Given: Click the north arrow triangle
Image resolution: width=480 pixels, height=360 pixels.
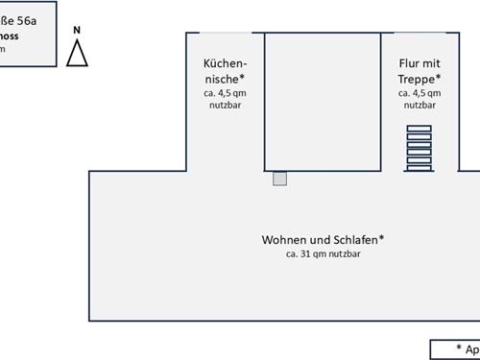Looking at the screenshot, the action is [x=78, y=55].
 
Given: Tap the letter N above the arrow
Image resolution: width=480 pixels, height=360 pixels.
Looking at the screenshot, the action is [x=77, y=30].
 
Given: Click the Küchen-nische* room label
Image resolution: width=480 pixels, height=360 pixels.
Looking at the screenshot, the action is [x=224, y=70].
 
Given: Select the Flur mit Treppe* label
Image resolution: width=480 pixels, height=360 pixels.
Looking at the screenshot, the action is [x=420, y=70].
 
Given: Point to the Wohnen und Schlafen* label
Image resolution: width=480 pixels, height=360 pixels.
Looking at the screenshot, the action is [x=323, y=239].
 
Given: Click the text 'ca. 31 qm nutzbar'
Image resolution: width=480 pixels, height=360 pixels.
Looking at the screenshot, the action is [x=323, y=254].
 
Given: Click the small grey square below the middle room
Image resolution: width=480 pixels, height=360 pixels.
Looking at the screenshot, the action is [x=279, y=179].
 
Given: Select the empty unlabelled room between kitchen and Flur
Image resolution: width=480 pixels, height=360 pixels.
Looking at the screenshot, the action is [x=322, y=101].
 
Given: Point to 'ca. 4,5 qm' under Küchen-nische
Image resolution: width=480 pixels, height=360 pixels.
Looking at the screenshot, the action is [x=224, y=93].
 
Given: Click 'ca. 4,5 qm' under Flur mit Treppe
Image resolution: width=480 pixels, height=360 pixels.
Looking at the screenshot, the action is [x=420, y=93].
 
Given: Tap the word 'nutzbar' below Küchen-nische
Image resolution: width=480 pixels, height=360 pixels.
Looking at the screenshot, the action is [x=224, y=106].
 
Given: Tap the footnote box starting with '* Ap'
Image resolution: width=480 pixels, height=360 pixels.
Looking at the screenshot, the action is [x=456, y=349].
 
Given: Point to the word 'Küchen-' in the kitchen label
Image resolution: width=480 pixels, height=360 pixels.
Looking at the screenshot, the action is [x=224, y=62].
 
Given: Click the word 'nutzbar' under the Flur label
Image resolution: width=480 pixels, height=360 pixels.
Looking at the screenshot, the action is [x=420, y=106].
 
